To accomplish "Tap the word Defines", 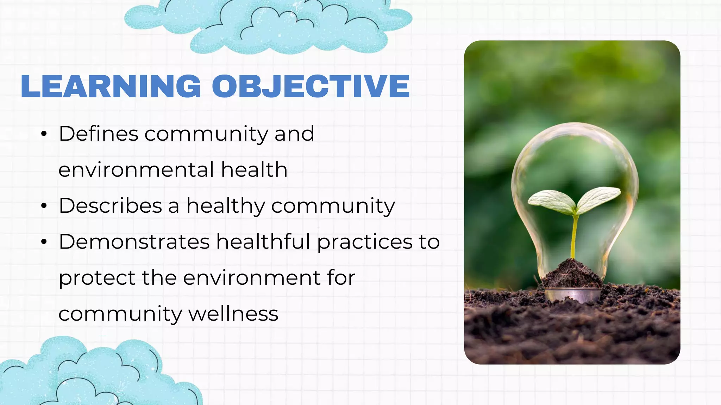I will tap(99, 134).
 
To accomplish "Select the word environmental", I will tap(136, 170).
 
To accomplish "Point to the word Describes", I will tap(110, 206).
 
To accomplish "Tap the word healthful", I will tap(263, 242).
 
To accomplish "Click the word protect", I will tap(97, 278).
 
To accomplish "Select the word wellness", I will tap(233, 314).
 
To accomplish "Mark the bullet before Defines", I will tap(44, 134).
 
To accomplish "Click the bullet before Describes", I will tap(44, 206).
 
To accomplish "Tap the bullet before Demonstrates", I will tap(44, 242).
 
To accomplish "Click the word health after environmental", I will tap(254, 170).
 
